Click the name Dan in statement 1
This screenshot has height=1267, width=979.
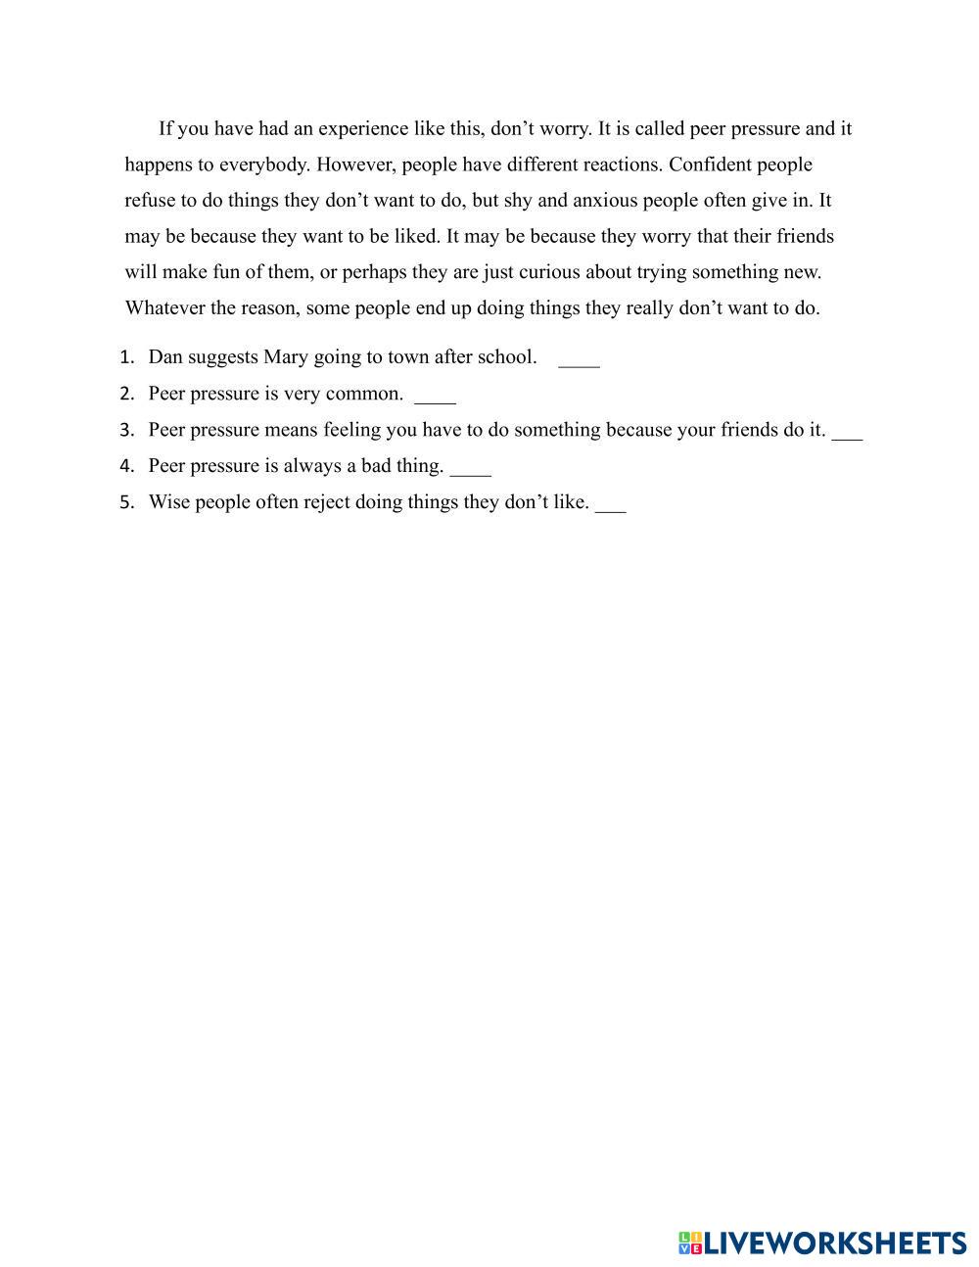pyautogui.click(x=164, y=357)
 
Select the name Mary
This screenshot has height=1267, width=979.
pyautogui.click(x=286, y=357)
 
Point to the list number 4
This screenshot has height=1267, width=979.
pyautogui.click(x=126, y=467)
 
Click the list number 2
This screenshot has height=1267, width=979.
pyautogui.click(x=126, y=395)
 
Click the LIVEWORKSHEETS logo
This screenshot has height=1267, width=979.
pyautogui.click(x=821, y=1243)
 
